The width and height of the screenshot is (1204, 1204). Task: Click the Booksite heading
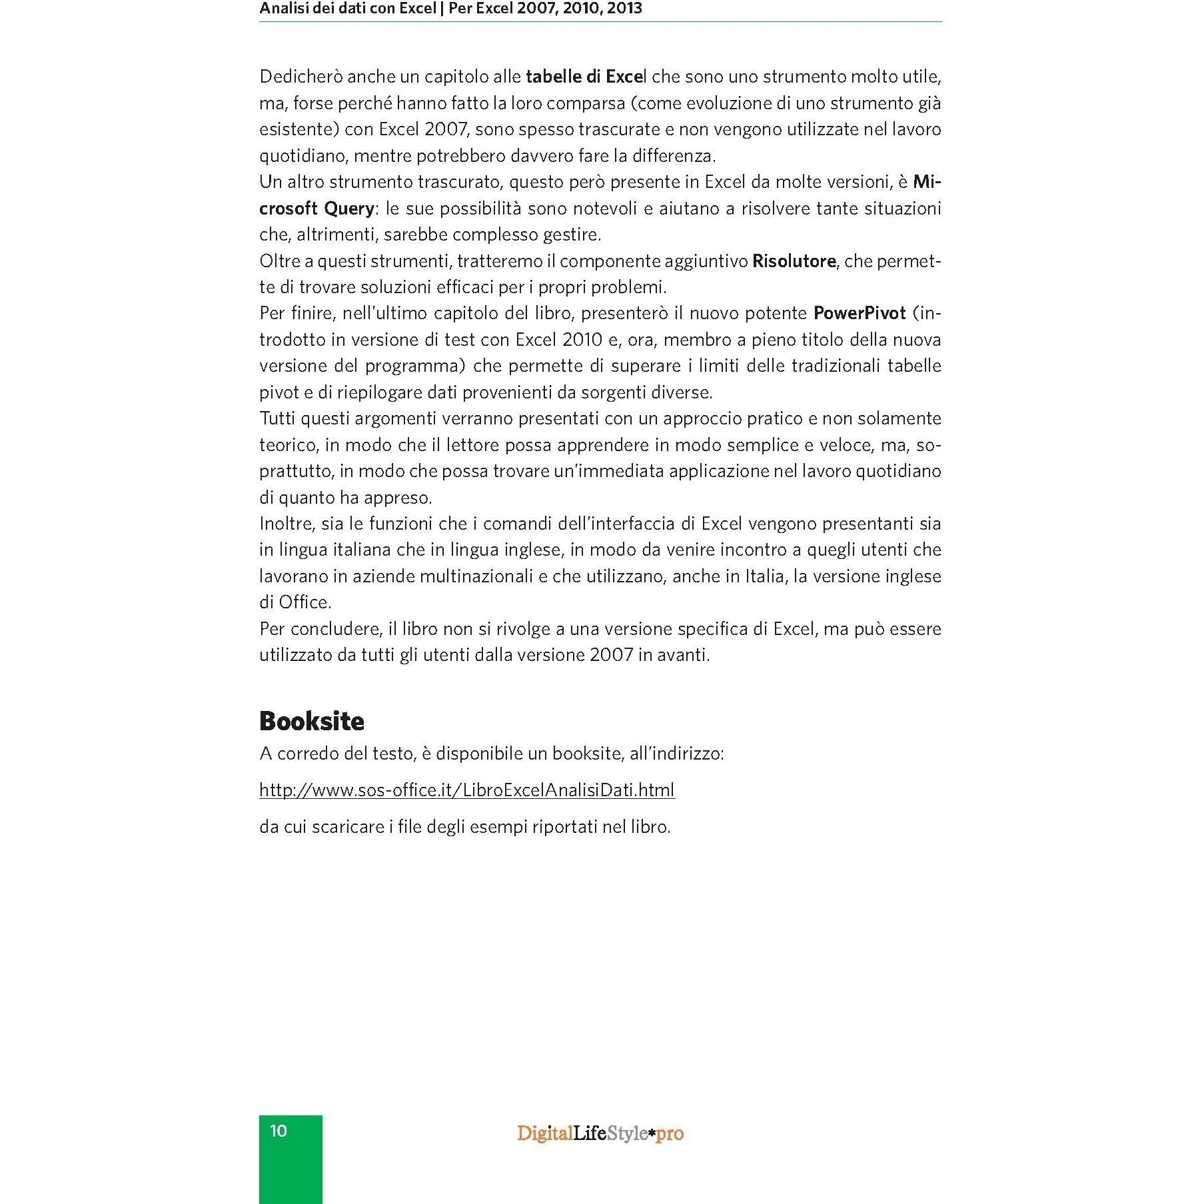[x=311, y=721]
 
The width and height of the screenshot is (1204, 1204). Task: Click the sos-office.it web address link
[x=466, y=790]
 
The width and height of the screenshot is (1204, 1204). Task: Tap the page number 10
[x=279, y=1130]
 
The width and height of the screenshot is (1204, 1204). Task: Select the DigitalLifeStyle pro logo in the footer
[x=600, y=1133]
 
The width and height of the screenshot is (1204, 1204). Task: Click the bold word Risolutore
[x=793, y=261]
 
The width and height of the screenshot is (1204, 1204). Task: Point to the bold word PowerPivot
[x=860, y=313]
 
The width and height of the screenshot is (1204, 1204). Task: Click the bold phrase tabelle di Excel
[x=586, y=77]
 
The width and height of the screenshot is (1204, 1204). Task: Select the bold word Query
[x=348, y=209]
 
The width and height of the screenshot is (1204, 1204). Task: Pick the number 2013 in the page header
[x=624, y=9]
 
